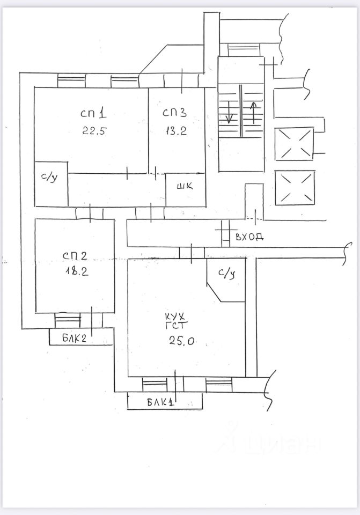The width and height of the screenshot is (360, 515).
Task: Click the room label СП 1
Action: point(94,114)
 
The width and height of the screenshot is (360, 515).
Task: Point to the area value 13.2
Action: point(175,131)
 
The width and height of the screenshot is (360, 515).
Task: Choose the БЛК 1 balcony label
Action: point(162,402)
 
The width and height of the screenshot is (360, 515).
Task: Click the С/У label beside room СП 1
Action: point(49,178)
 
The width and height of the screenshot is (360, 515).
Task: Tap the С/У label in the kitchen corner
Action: point(226,273)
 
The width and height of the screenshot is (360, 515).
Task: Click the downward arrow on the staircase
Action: point(229,112)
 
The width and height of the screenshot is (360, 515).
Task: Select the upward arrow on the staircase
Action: point(254,112)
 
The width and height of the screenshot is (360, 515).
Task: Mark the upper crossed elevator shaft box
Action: point(294,144)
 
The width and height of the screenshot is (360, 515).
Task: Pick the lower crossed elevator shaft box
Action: point(294,187)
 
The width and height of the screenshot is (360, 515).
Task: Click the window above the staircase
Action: point(243,49)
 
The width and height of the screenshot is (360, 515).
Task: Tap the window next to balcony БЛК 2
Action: point(68,320)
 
